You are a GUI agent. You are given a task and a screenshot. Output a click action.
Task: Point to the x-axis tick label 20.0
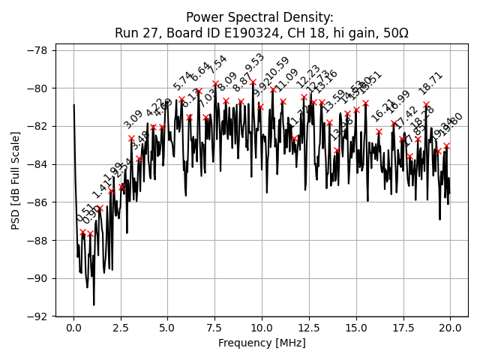[450, 328]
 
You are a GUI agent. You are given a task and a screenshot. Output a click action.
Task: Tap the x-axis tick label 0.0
[73, 328]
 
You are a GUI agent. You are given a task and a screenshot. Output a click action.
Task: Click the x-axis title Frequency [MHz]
[262, 343]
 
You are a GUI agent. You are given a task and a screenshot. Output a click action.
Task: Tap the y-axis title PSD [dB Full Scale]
[16, 180]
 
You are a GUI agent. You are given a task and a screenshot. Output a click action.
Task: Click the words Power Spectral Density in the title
[259, 17]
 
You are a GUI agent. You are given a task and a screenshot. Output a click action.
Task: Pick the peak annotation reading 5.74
[183, 81]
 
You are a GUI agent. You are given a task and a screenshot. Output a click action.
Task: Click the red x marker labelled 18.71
[426, 105]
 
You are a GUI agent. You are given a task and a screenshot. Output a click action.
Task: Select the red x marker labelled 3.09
[131, 138]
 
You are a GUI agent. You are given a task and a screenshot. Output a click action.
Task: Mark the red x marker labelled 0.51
[83, 232]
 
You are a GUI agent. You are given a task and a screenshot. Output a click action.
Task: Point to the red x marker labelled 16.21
[379, 131]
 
